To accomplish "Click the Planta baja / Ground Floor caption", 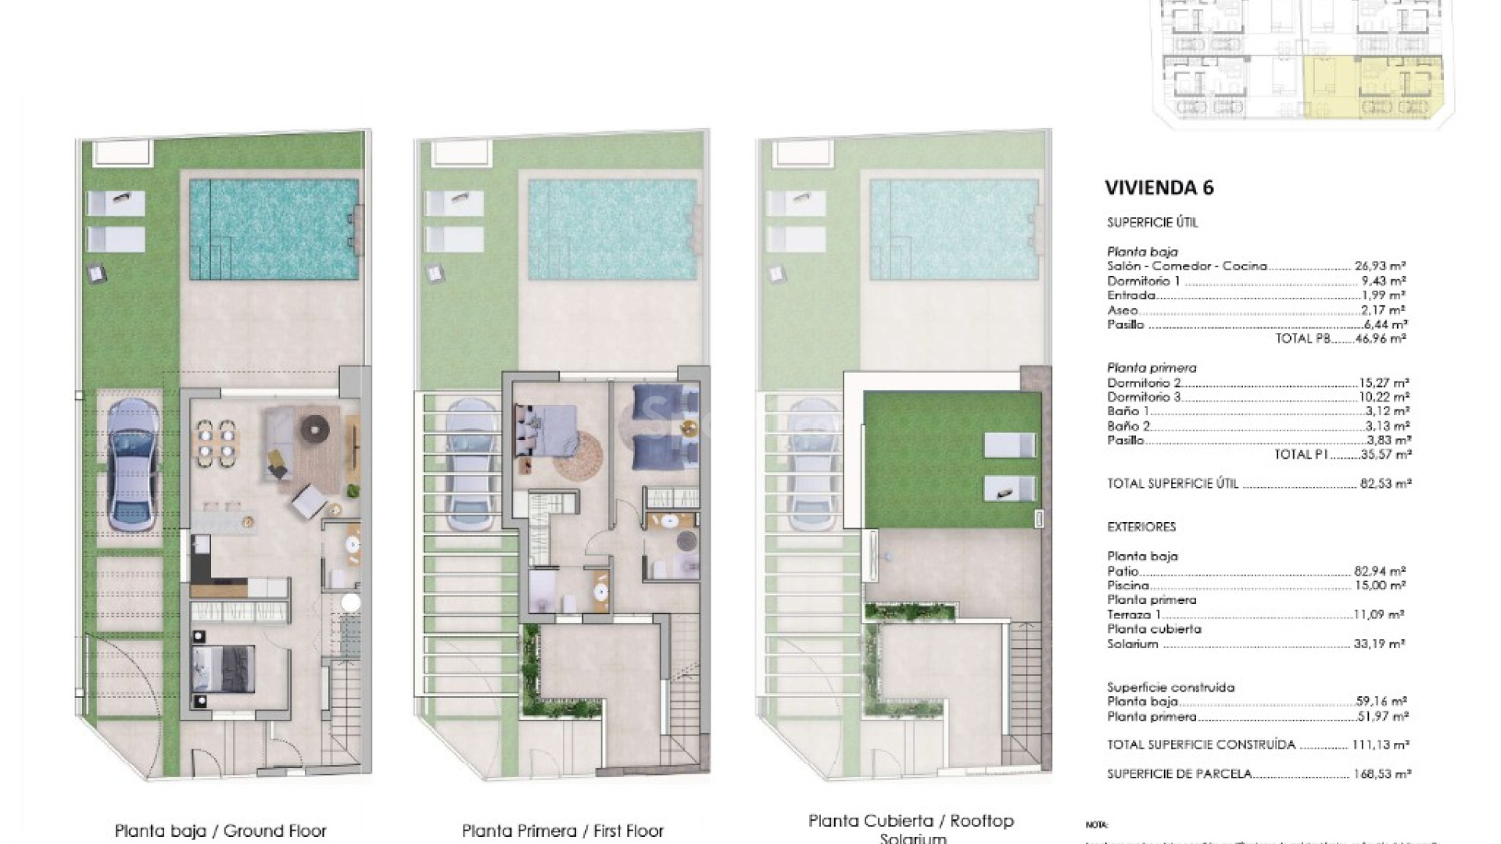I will click(x=220, y=831).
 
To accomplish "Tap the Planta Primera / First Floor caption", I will click(x=563, y=831).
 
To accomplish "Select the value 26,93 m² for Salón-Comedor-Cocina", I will click(x=1381, y=266).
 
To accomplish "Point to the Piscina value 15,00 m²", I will click(x=1381, y=585).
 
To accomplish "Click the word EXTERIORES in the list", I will click(x=1141, y=527).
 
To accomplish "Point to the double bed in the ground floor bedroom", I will click(x=224, y=670).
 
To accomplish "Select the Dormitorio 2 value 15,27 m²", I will click(x=1384, y=383).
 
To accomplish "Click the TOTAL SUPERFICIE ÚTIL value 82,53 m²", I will click(x=1382, y=484).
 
